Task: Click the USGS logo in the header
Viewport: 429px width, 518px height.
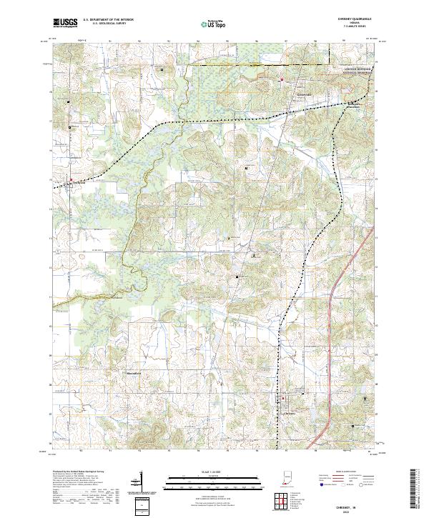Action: point(64,23)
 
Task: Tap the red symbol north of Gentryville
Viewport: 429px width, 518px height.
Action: point(282,79)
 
